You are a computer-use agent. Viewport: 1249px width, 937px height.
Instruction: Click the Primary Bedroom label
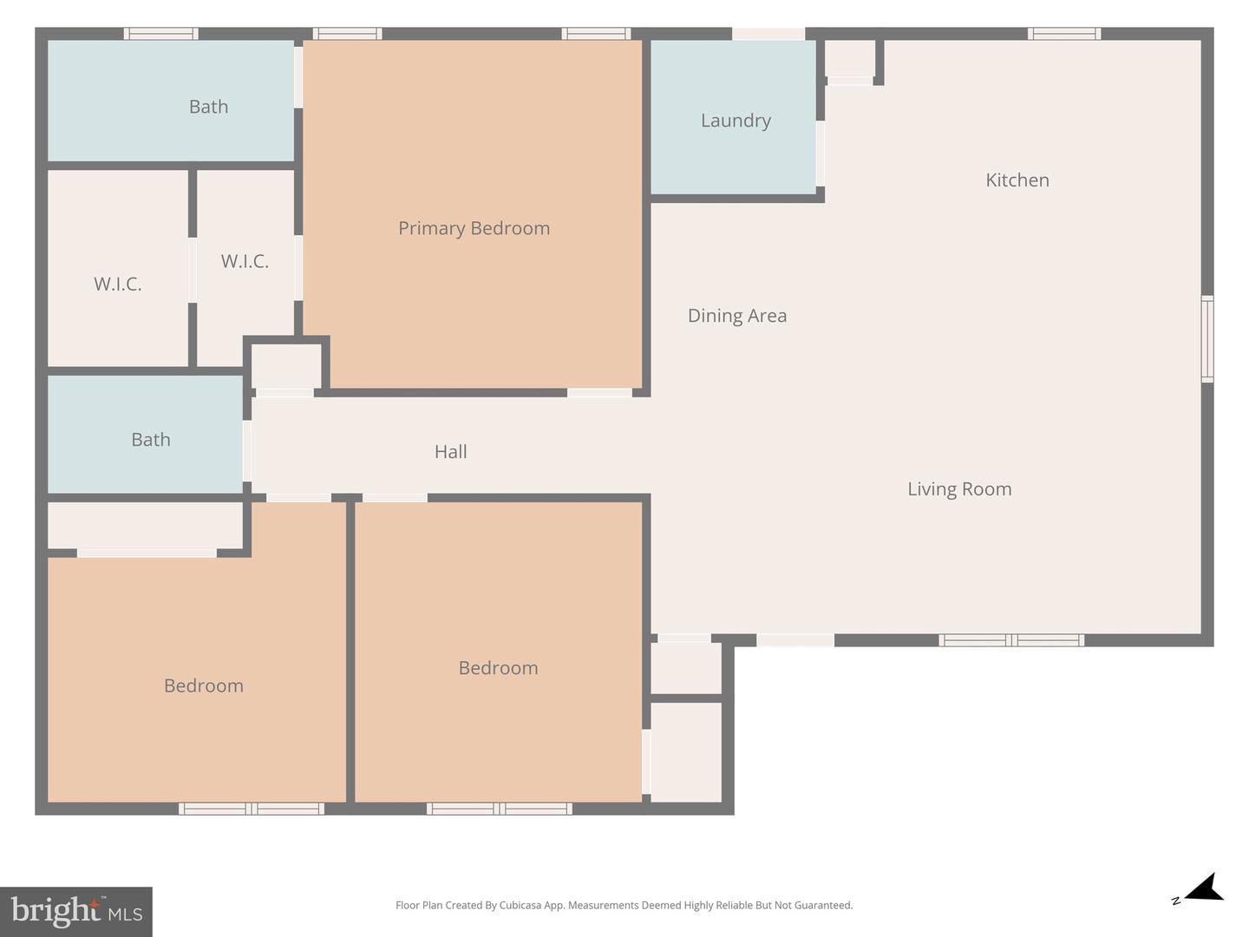474,228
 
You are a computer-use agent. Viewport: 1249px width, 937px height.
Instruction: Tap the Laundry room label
736,121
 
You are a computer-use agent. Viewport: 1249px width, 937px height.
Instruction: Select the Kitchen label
1017,180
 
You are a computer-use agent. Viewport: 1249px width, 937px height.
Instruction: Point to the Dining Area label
737,316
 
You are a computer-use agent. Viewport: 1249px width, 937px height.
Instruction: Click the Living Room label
959,489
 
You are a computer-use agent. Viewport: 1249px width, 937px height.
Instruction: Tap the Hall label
450,452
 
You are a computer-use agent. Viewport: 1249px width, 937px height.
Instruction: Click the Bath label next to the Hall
151,440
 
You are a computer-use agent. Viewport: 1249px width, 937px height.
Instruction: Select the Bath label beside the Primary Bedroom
208,107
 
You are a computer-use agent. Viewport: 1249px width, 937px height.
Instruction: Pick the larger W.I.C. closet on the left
118,284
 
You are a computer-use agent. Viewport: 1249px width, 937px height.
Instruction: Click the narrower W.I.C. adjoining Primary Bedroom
245,261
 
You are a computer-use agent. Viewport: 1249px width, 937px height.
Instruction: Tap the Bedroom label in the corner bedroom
204,685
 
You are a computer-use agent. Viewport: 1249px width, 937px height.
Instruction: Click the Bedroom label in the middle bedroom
498,668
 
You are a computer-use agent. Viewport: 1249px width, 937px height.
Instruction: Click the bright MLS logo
76,911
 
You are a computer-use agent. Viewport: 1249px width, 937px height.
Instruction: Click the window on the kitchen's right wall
1206,338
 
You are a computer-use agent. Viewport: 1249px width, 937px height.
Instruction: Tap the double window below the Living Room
1011,640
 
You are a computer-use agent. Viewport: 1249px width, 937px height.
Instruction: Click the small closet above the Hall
286,366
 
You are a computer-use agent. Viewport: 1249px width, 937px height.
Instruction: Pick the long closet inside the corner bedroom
145,525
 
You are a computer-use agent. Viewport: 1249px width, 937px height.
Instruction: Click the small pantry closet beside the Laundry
849,59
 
